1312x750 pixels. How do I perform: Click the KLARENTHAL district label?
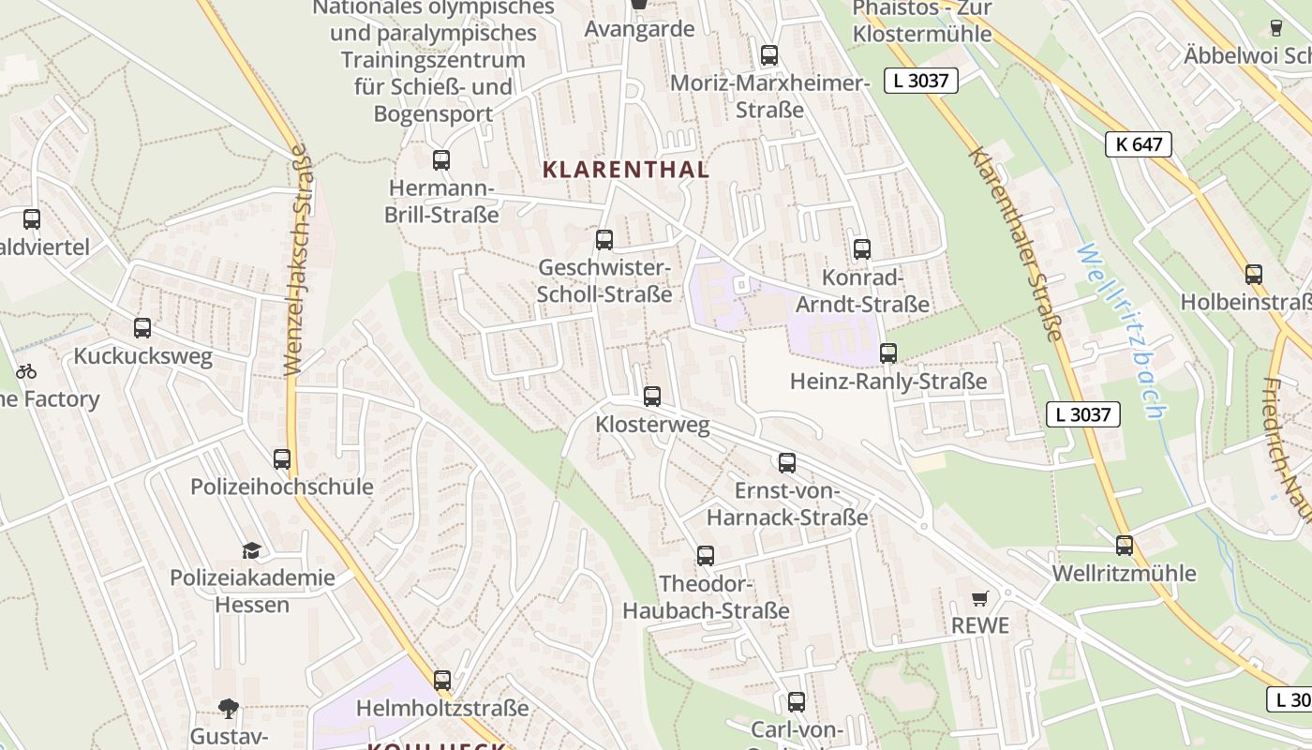pos(626,170)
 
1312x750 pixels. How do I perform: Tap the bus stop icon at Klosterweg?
pos(652,397)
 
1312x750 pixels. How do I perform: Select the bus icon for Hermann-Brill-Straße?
pos(441,160)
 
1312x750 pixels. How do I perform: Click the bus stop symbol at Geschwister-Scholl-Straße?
pos(604,240)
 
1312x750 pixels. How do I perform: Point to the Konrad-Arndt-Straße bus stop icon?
pos(862,249)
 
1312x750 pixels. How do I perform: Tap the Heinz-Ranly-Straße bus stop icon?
pos(888,353)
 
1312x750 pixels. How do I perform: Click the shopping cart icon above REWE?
pos(980,598)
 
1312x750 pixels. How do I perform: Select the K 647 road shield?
pos(1139,144)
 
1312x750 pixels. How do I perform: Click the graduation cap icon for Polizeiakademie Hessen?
pos(250,550)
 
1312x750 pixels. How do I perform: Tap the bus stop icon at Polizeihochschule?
pos(282,459)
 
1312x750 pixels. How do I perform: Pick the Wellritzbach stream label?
pos(1121,330)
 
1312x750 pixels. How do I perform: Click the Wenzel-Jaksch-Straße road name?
pos(298,261)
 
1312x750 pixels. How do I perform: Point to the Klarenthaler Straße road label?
pos(1017,244)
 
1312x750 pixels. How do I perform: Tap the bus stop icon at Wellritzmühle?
pos(1125,546)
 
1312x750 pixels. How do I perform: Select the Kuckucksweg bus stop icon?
pos(142,328)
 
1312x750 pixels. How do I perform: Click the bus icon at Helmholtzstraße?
pos(442,680)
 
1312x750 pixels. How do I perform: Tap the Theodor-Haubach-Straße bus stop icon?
pos(706,556)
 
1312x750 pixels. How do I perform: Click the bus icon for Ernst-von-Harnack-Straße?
pos(787,463)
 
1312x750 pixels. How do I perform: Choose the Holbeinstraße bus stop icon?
pos(1254,275)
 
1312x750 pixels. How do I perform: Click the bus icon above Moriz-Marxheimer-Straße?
pos(769,55)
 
